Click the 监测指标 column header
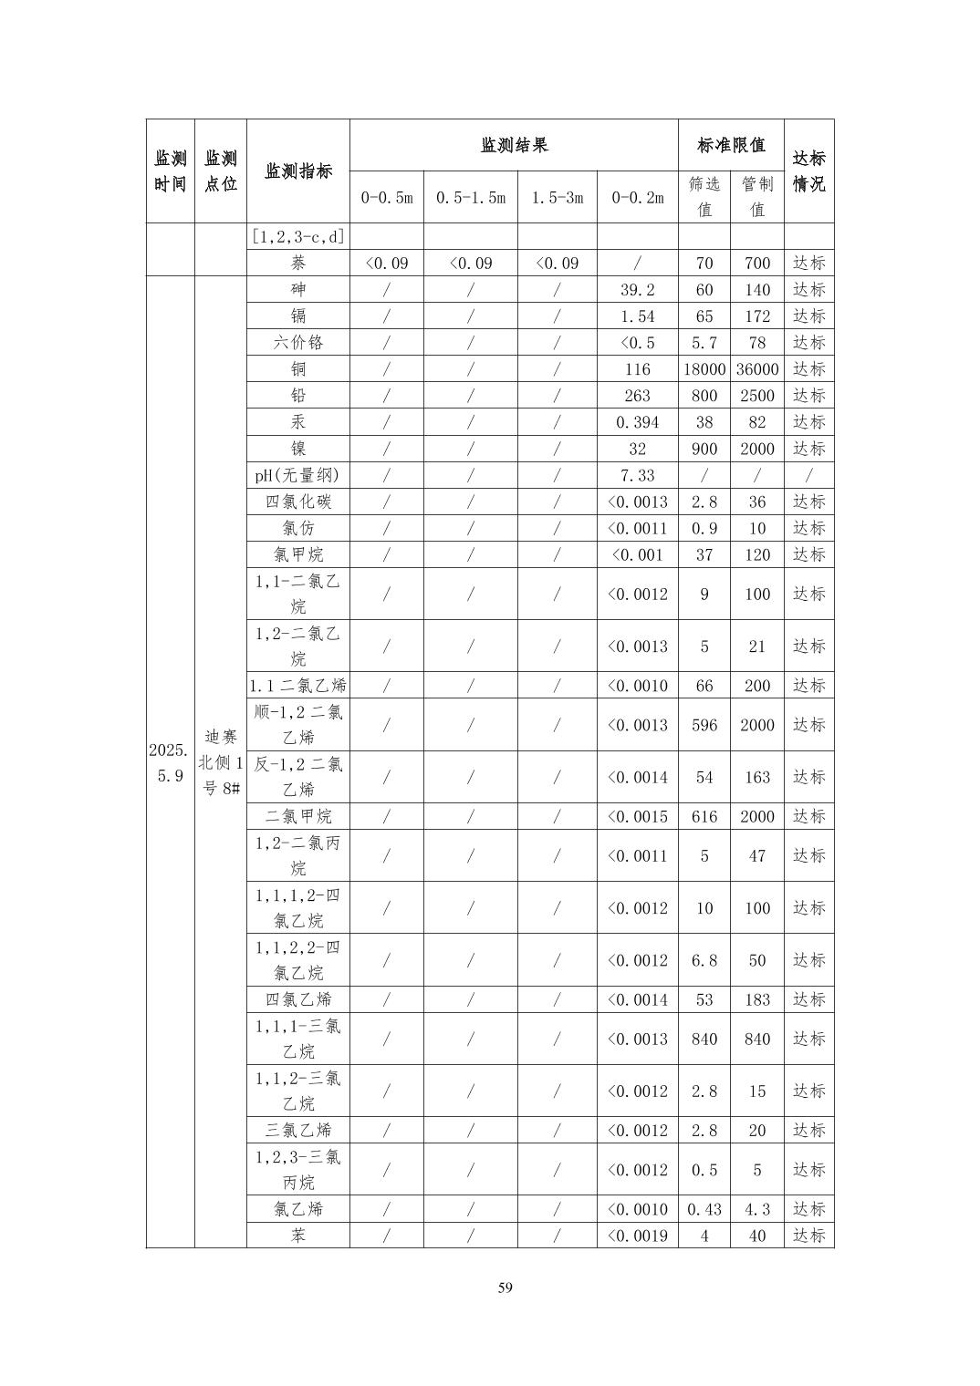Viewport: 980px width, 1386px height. tap(297, 171)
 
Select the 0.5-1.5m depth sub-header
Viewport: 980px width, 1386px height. tap(470, 197)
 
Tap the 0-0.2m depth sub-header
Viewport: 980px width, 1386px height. tap(637, 197)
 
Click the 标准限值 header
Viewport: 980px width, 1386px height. tap(730, 145)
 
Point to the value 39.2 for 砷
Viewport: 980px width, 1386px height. tap(637, 290)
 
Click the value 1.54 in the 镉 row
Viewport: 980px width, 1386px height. tap(637, 316)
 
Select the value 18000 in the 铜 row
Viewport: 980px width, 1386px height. tap(704, 369)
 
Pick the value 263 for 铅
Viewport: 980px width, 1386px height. tap(637, 396)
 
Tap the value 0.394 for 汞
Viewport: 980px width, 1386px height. tap(637, 422)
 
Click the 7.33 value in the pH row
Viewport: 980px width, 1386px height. tap(637, 475)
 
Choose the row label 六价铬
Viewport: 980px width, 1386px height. tap(297, 343)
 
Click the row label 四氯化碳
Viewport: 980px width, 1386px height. tap(297, 502)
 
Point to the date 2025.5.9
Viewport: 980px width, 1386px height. tap(170, 762)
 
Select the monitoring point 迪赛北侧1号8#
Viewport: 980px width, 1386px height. tap(220, 762)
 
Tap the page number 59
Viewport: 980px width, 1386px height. tap(506, 1288)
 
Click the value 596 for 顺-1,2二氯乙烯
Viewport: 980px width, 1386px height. tap(704, 725)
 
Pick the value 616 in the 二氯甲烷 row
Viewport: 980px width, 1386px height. tap(704, 816)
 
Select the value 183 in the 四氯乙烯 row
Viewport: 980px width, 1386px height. tap(756, 999)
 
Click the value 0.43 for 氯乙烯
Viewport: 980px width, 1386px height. tap(704, 1209)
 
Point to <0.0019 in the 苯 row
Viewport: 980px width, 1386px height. tap(637, 1236)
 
